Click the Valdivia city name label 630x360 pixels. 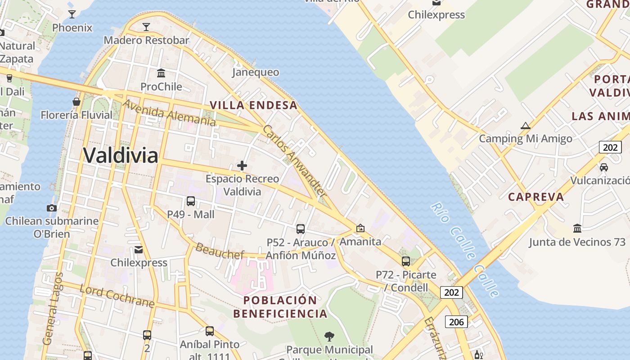pos(121,156)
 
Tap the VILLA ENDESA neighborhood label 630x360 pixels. pos(254,105)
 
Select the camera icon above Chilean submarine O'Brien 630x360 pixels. pos(52,208)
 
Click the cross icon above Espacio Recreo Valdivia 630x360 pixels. pos(242,166)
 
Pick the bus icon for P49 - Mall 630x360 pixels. pos(191,201)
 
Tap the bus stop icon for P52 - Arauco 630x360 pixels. pos(301,229)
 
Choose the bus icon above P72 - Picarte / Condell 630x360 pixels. pos(406,261)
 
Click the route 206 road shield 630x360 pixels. pos(456,322)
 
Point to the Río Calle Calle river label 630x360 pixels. pos(465,250)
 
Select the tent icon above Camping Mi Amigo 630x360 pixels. pos(525,126)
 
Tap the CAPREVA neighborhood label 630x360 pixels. pos(536,197)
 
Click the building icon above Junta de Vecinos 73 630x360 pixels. pos(577,229)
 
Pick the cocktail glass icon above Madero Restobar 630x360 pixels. pos(146,27)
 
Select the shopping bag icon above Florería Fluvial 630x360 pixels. pos(76,102)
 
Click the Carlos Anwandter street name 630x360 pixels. pos(294,161)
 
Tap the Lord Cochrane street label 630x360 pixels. pos(117,296)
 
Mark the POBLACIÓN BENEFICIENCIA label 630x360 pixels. pos(280,307)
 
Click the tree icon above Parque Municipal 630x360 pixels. pos(329,336)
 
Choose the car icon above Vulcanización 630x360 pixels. pos(604,167)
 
